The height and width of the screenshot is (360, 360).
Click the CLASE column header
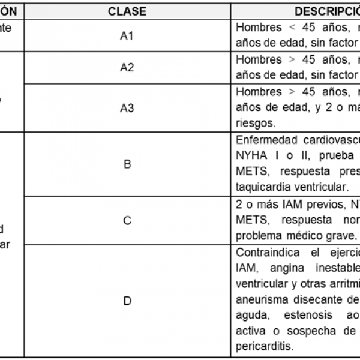(127, 11)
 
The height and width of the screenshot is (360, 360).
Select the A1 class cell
(127, 35)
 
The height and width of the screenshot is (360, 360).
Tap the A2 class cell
(127, 67)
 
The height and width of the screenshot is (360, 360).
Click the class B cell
(127, 163)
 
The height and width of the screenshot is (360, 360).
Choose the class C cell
(127, 220)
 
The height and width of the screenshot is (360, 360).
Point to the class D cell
(127, 301)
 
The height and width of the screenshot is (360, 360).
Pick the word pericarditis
(264, 347)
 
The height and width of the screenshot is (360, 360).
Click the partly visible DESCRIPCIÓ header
(324, 11)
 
